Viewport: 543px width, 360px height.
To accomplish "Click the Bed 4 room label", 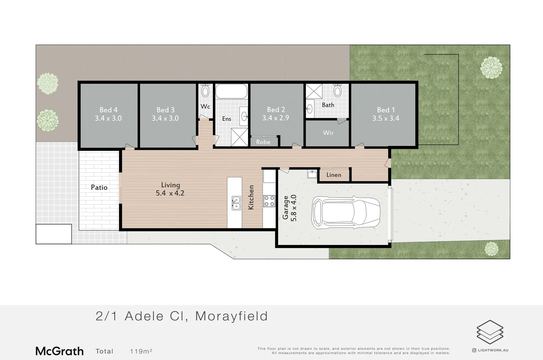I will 108,110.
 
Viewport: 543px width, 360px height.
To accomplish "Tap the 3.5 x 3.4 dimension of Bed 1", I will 386,118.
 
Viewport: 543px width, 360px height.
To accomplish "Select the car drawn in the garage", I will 345,212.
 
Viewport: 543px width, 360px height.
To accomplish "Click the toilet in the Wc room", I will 205,91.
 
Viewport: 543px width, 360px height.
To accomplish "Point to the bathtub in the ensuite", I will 231,91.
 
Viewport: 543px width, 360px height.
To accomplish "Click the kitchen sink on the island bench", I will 236,203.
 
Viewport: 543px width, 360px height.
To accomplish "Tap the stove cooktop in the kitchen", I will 269,201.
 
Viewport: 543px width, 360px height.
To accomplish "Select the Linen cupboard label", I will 334,175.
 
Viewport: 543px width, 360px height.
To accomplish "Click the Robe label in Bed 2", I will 263,142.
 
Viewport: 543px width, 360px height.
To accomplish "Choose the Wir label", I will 328,133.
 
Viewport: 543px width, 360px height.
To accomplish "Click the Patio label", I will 99,187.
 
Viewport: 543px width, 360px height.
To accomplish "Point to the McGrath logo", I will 60,351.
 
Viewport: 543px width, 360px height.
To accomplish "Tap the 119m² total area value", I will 141,351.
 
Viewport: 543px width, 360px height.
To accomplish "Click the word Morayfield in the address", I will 231,316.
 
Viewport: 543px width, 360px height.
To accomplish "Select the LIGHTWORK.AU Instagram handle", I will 493,350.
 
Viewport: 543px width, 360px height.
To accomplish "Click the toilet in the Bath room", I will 338,90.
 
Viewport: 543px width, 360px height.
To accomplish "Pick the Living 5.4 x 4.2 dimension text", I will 170,193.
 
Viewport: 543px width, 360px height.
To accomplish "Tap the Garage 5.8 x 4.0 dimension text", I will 294,208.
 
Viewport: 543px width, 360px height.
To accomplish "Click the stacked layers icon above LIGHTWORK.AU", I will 490,332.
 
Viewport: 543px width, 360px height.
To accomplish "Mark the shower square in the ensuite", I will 239,137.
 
